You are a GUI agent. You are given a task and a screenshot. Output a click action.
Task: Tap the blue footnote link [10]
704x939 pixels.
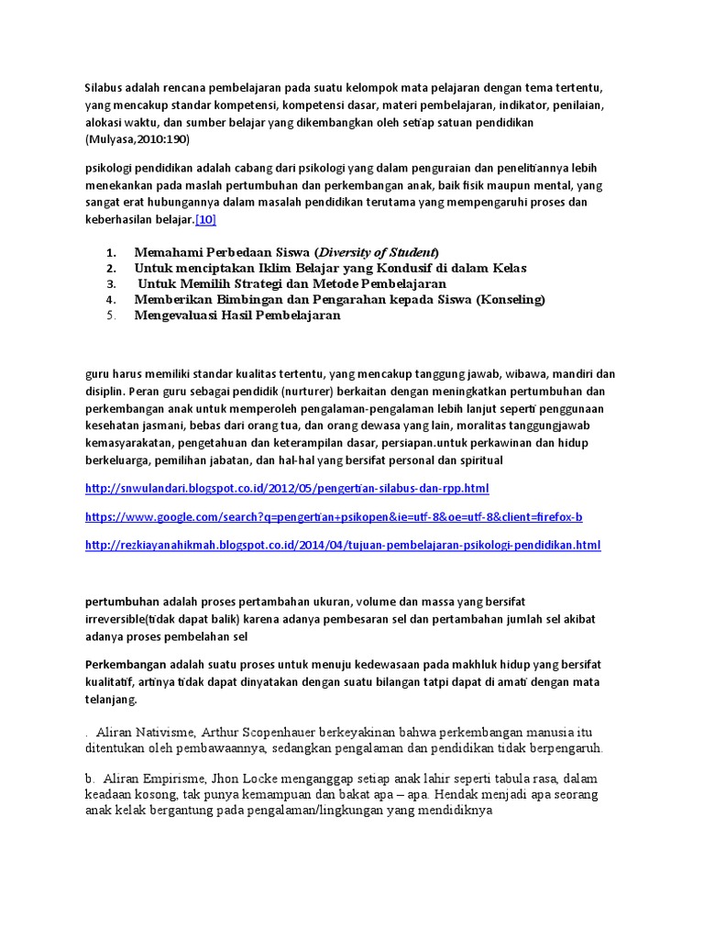[x=205, y=219]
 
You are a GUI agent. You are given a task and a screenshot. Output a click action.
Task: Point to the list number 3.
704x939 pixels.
[x=111, y=284]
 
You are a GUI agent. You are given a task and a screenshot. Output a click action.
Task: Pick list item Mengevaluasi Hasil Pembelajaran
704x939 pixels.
[x=237, y=315]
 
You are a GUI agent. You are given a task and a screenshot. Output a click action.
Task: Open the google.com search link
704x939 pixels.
[x=334, y=517]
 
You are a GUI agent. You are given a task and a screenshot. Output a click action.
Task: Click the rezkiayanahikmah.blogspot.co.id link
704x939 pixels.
[x=342, y=545]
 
